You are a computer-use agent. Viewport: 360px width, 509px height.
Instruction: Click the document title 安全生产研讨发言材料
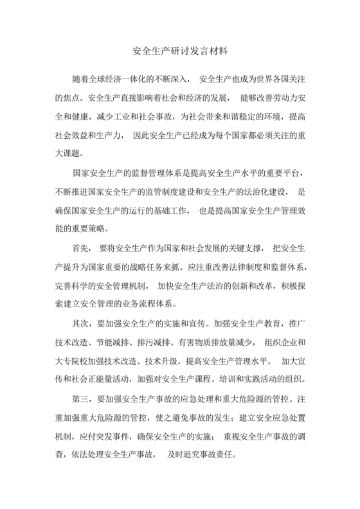[x=180, y=49]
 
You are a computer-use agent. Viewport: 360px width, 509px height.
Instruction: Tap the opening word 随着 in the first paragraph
[x=82, y=79]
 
